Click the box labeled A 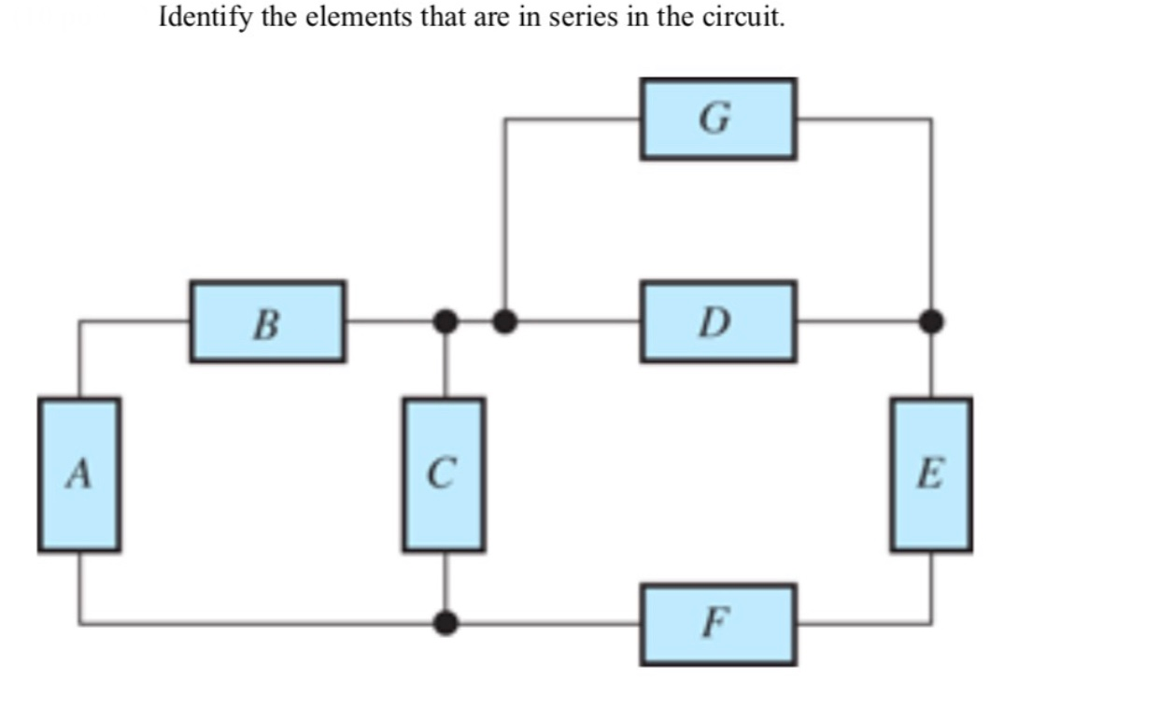[79, 474]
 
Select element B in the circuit [267, 321]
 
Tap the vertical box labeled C [444, 474]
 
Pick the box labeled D [717, 321]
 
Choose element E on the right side [930, 474]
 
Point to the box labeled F [717, 623]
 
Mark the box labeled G [717, 119]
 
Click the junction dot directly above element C [446, 321]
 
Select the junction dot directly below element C [446, 623]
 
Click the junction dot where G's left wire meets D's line [504, 321]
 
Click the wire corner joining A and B [79, 321]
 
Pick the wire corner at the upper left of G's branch [504, 119]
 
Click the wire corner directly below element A [79, 623]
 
